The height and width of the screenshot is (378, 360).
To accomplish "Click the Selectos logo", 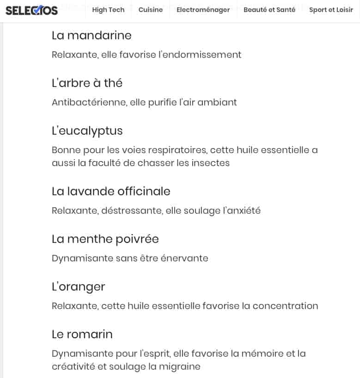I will pos(31,10).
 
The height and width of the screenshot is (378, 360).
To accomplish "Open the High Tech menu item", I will pos(108,10).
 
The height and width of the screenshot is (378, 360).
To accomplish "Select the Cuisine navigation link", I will pos(151,10).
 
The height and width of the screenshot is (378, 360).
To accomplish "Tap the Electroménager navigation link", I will pos(203,10).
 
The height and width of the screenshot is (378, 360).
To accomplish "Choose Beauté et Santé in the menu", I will pos(269,10).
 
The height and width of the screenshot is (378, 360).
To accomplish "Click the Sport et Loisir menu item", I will pos(331,10).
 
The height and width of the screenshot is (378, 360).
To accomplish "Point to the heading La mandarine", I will pos(92,36).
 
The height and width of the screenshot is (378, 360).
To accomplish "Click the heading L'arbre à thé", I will pos(87,83).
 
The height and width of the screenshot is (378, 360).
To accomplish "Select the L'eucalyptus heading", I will pos(87,131).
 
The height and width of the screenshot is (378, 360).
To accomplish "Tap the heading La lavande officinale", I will pos(111,191).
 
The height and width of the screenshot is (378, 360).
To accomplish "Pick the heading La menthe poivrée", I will pos(105,239).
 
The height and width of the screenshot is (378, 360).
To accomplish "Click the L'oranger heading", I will pos(79,286).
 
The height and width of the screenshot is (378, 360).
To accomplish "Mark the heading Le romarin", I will pos(82,334).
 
